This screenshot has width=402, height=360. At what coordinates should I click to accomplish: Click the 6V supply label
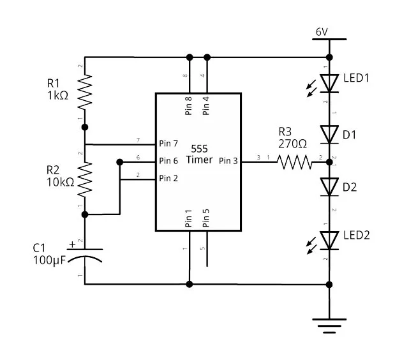coord(322,32)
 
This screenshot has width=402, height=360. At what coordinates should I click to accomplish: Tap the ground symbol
coord(329,326)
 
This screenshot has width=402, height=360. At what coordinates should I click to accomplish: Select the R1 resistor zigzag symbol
coord(85,93)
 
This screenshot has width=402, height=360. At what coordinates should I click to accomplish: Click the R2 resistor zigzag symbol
coord(85,179)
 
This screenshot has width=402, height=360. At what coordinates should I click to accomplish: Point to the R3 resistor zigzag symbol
coord(294,162)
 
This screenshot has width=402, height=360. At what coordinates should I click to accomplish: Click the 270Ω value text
coord(292,144)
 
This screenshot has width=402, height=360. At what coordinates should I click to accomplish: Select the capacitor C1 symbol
coord(85,256)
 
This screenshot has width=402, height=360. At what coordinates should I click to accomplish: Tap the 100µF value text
coord(50,260)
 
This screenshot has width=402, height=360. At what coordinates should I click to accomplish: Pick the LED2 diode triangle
coord(329,241)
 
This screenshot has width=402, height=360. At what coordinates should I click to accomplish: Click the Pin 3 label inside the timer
coord(228,161)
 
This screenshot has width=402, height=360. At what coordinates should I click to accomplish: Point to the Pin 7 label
coord(168,144)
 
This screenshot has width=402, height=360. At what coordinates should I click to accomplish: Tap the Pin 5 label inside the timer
coord(206,218)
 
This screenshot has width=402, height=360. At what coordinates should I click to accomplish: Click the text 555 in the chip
coord(200,149)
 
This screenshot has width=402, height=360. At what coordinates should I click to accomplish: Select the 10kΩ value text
coord(61,183)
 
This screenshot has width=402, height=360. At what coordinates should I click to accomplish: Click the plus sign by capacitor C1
coord(73,244)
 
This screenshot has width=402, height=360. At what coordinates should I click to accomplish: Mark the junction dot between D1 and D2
coord(329,162)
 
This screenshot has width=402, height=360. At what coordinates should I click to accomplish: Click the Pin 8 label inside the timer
coord(188,106)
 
